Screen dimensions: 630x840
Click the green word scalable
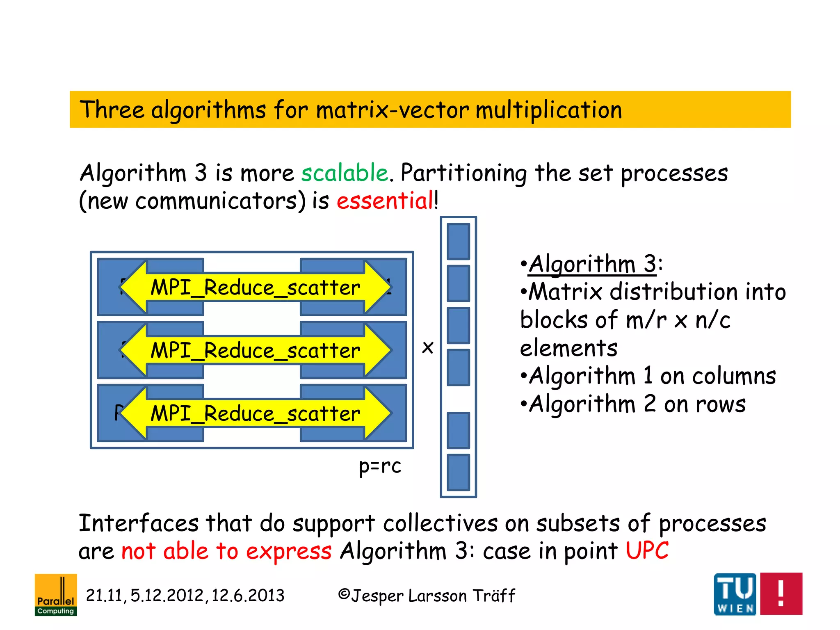click(345, 173)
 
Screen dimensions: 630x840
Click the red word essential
click(385, 201)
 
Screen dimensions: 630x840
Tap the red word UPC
click(647, 551)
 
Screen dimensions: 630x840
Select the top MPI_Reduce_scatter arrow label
click(255, 288)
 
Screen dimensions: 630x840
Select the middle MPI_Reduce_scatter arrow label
click(255, 351)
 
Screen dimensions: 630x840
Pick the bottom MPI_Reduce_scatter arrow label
click(255, 413)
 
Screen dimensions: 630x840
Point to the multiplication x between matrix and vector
click(427, 348)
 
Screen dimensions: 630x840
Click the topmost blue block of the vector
click(458, 242)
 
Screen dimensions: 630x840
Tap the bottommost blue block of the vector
click(458, 472)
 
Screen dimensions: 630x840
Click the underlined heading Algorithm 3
click(593, 264)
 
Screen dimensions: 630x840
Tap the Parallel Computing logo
click(56, 595)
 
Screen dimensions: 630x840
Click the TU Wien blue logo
click(735, 594)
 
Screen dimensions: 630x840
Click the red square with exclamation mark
click(781, 594)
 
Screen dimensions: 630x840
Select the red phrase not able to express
click(226, 551)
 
